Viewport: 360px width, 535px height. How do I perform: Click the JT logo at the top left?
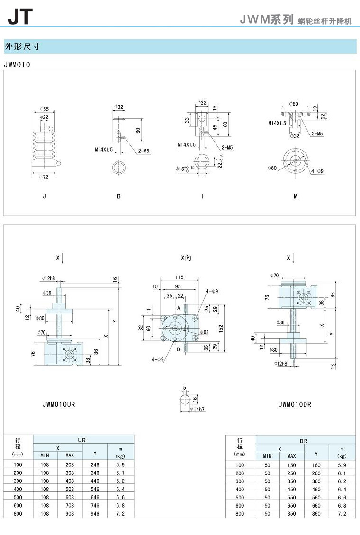[20, 17]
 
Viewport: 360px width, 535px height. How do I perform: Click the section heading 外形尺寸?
[22, 46]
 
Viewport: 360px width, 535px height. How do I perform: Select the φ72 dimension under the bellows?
[44, 177]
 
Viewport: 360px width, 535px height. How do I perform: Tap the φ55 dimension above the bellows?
[45, 109]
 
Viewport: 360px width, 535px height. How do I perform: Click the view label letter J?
[45, 196]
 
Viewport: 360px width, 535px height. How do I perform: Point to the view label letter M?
[296, 196]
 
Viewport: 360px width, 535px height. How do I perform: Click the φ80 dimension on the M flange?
[294, 104]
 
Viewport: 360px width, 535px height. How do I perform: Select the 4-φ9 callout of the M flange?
[317, 171]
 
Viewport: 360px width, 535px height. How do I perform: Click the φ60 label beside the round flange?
[272, 168]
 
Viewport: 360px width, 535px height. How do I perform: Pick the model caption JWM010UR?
[59, 404]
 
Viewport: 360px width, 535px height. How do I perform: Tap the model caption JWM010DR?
[295, 404]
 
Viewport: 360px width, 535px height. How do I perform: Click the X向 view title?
[186, 258]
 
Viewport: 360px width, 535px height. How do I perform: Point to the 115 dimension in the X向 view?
[180, 277]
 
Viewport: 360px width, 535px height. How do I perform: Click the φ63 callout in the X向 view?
[204, 332]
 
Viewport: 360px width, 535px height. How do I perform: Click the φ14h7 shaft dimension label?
[197, 409]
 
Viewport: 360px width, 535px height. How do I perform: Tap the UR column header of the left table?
[82, 440]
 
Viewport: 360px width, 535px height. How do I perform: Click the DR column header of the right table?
[304, 441]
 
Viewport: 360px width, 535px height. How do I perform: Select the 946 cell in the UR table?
[95, 514]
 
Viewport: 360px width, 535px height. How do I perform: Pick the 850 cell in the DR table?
[291, 514]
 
